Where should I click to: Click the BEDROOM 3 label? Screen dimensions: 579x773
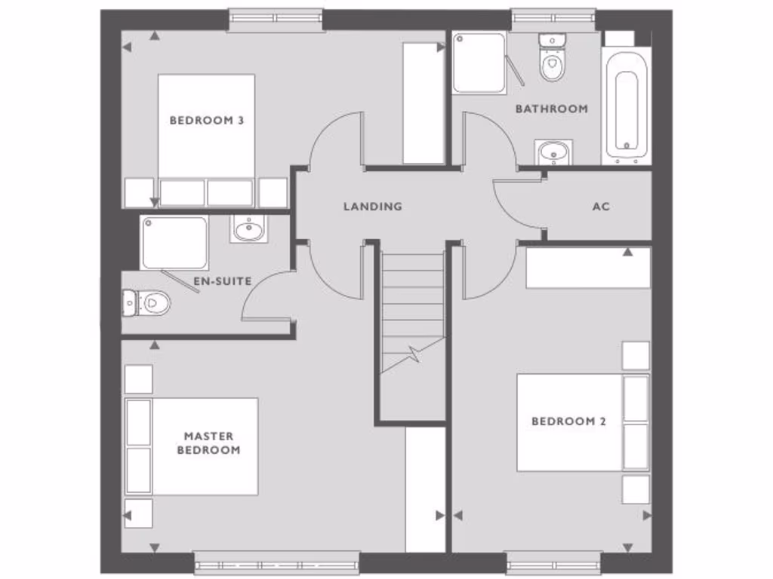pos(206,120)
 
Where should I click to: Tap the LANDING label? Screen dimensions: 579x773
pos(372,206)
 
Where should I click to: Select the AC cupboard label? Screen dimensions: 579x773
pos(601,206)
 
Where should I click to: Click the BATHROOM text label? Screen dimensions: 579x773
pos(551,109)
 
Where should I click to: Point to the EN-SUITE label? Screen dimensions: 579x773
pos(222,281)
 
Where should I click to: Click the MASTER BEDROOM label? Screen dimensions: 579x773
pos(208,443)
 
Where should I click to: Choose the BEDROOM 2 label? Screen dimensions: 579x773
pos(568,421)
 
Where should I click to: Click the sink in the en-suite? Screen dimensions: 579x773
pos(248,228)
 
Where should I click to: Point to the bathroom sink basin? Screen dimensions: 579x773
pos(553,153)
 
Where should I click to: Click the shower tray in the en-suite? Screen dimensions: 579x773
pos(174,242)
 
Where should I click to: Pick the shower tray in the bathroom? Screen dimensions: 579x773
pos(479,63)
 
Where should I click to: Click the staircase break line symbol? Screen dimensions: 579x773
pos(414,353)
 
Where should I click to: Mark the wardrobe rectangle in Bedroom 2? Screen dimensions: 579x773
pos(588,268)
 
